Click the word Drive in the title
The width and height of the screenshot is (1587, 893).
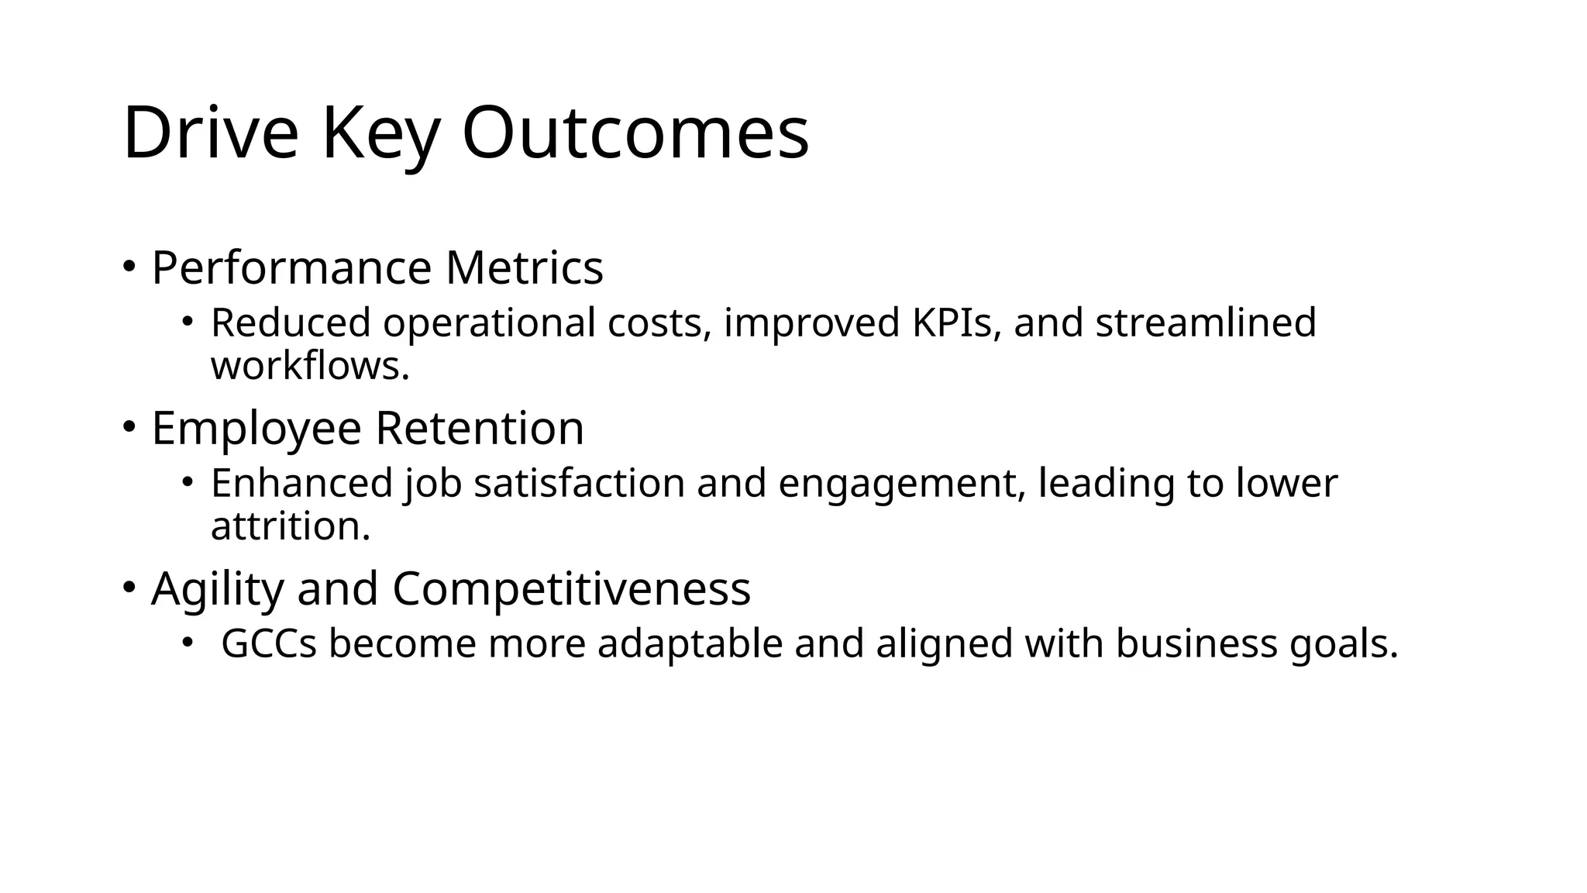210,133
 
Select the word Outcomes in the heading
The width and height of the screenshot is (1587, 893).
635,133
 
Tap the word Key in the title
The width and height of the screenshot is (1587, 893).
380,133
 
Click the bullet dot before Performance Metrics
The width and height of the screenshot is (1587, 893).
129,266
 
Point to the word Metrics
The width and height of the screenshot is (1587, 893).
524,268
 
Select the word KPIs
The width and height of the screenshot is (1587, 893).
952,323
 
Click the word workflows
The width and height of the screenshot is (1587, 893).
309,366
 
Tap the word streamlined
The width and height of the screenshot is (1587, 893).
1205,323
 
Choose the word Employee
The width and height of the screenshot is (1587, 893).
256,429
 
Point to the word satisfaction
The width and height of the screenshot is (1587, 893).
579,484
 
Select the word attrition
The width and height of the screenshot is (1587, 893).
290,526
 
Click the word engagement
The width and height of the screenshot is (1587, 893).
901,484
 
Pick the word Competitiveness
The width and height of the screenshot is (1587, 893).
571,589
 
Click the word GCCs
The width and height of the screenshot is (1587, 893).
269,644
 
